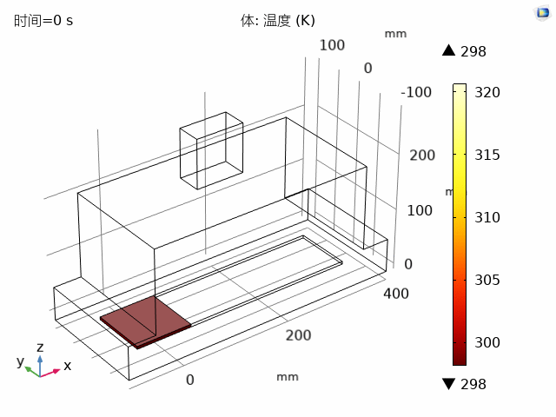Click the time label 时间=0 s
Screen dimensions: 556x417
click(x=43, y=20)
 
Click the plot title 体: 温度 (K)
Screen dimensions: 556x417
click(x=278, y=20)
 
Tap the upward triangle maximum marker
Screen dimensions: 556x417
click(x=448, y=51)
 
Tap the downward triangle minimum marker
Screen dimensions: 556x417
click(x=448, y=384)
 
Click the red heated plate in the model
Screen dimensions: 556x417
click(x=146, y=321)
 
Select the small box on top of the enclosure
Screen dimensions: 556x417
click(x=211, y=149)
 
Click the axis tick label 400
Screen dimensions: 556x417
click(x=396, y=293)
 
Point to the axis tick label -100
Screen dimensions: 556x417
click(x=417, y=93)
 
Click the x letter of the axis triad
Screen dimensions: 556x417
click(x=67, y=366)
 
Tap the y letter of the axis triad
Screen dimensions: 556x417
click(x=20, y=362)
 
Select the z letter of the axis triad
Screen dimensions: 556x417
click(x=40, y=347)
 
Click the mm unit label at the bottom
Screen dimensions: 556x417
click(x=287, y=377)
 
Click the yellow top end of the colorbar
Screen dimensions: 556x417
click(x=460, y=88)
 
